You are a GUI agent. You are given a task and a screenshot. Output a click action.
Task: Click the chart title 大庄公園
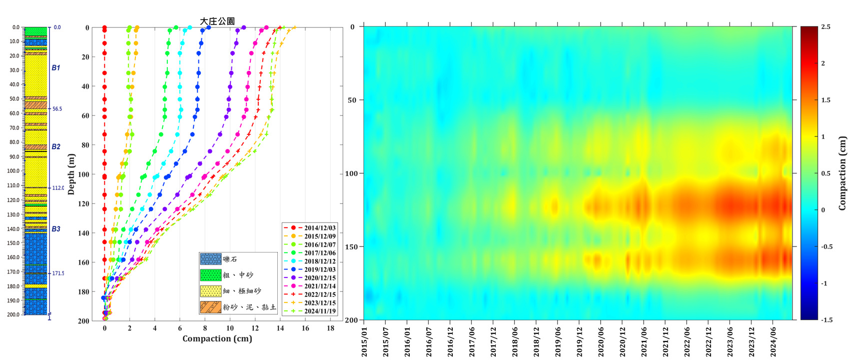coord(217,21)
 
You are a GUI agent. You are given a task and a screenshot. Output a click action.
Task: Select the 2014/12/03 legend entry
coord(320,228)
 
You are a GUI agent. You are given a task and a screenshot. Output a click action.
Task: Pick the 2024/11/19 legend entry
coord(320,311)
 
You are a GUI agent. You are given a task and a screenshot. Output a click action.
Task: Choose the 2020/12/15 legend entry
coord(320,278)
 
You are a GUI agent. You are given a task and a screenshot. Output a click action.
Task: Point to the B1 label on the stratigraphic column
coord(56,67)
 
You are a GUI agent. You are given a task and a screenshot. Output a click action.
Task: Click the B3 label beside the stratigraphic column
coord(56,229)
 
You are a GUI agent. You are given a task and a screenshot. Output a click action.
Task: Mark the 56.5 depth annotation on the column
coord(57,108)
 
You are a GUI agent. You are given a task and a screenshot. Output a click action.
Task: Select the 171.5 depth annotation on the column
coord(58,273)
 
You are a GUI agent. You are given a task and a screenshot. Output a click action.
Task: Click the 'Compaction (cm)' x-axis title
coord(217,338)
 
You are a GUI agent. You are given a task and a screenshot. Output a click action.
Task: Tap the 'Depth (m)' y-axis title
coord(71,174)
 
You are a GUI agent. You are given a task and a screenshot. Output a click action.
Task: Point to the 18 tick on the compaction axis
coord(330,328)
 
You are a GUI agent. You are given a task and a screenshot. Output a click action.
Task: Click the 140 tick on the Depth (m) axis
coord(83,233)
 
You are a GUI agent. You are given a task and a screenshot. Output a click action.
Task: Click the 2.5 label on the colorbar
coord(826,27)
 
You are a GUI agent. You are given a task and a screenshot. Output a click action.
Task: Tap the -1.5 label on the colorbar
coord(827,319)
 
